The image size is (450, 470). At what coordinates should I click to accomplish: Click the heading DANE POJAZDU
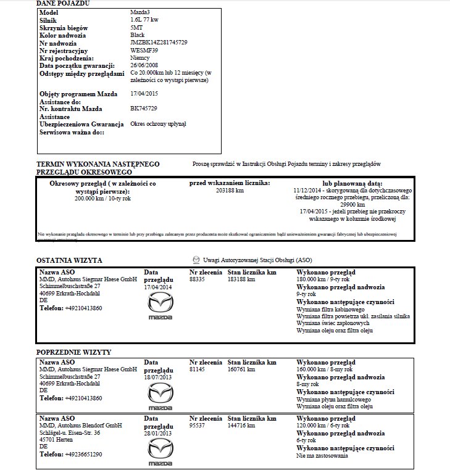click(63, 4)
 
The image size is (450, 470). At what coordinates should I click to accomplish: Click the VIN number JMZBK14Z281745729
click(159, 43)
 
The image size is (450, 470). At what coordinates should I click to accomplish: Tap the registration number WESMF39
click(144, 50)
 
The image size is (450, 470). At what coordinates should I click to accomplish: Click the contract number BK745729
click(144, 108)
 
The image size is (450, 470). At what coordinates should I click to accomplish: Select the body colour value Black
click(138, 35)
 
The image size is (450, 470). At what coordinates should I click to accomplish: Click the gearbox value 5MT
click(136, 28)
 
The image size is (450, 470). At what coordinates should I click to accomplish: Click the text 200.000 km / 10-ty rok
click(102, 199)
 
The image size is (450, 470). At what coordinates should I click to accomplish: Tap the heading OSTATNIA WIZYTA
click(69, 261)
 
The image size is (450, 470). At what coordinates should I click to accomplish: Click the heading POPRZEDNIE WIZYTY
click(73, 352)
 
